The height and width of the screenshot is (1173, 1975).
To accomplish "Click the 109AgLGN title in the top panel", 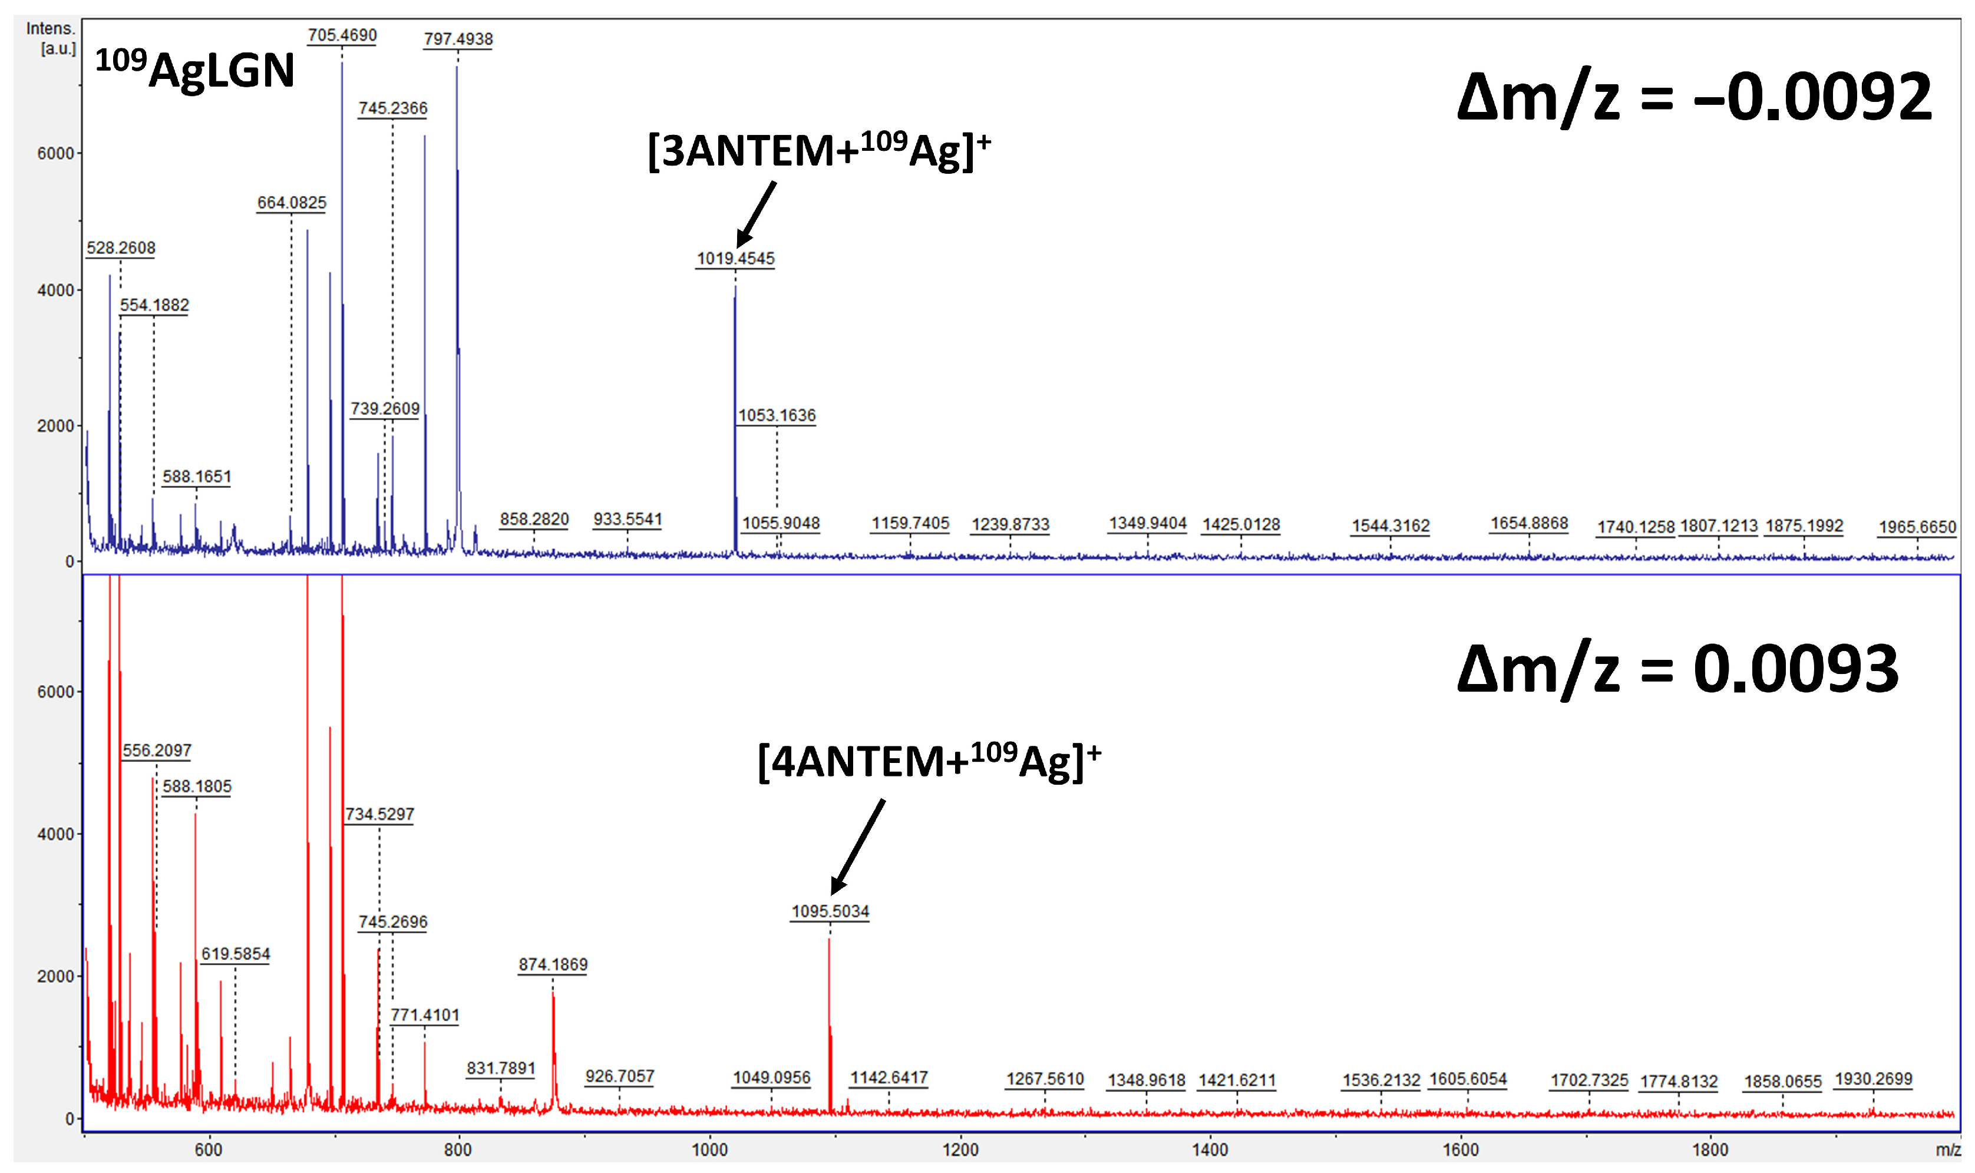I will pos(194,69).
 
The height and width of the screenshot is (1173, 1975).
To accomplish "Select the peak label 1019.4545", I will pos(735,259).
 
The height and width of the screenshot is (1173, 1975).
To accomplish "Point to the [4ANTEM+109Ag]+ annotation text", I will pos(929,761).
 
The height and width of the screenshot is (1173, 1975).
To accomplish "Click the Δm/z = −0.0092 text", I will pos(1693,97).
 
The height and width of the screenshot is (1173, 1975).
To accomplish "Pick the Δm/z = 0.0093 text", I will pos(1677,669).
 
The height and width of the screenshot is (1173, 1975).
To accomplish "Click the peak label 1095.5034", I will pos(830,911).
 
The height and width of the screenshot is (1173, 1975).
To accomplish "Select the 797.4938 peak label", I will pos(458,39).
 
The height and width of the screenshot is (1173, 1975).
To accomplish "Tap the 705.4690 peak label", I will pos(342,35).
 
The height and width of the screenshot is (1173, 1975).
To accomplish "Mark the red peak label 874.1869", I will pos(553,964).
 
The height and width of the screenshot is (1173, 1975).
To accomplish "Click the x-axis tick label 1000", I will pos(709,1150).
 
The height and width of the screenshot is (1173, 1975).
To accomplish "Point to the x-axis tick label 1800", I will pos(1709,1150).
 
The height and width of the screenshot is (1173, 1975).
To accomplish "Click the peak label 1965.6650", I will pos(1917,527).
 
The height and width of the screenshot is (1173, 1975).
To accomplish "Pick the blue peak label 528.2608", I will pos(121,248).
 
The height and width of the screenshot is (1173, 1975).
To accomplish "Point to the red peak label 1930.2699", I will pos(1872,1079).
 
